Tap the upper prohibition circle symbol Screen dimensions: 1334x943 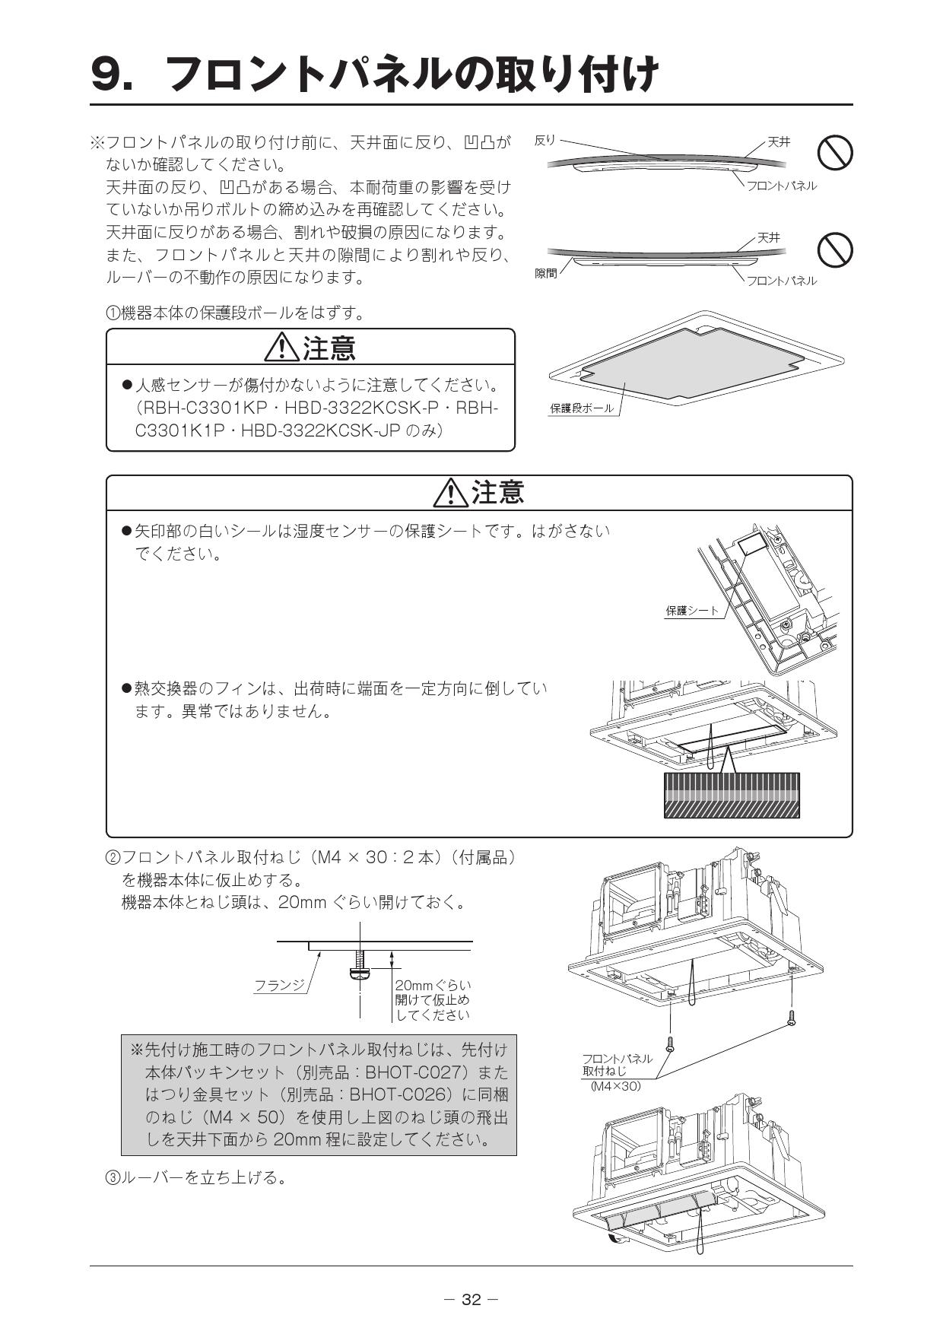tap(834, 152)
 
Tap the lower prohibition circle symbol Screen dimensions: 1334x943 tap(834, 249)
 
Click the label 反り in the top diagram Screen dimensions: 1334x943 tap(545, 140)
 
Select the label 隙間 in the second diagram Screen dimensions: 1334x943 tap(546, 273)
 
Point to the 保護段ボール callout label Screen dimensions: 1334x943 tap(581, 408)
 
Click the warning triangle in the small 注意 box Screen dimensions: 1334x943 tap(281, 348)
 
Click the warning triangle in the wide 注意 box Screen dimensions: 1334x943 tap(450, 494)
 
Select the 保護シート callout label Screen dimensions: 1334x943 tap(692, 610)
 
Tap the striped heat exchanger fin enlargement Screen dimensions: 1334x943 tap(732, 795)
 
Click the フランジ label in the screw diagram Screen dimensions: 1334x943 tap(279, 986)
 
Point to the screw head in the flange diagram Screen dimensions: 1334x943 tap(359, 973)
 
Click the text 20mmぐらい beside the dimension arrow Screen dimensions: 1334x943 tap(433, 986)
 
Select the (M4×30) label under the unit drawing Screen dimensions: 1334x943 tap(615, 1086)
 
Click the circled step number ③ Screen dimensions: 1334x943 tap(113, 1178)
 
